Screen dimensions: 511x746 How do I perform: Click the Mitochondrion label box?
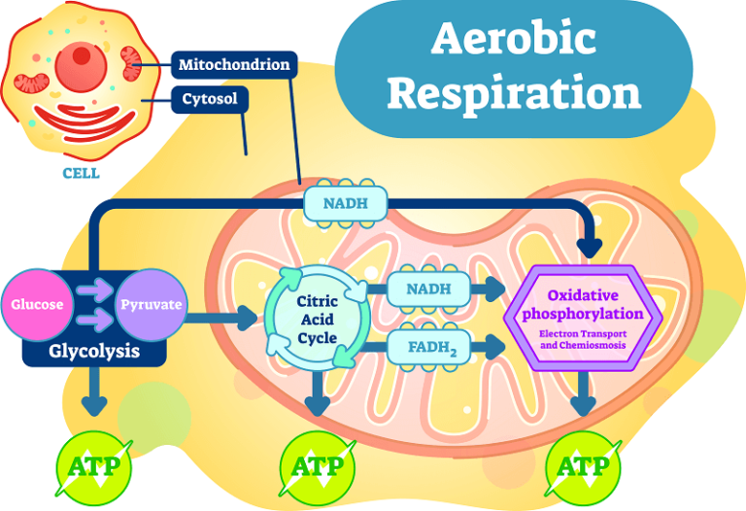point(234,66)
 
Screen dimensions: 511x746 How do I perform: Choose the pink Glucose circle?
point(38,304)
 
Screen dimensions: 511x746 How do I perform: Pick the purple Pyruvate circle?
point(151,304)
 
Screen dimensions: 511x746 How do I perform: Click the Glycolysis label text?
point(94,351)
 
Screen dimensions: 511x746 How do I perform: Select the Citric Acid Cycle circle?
point(317,320)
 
